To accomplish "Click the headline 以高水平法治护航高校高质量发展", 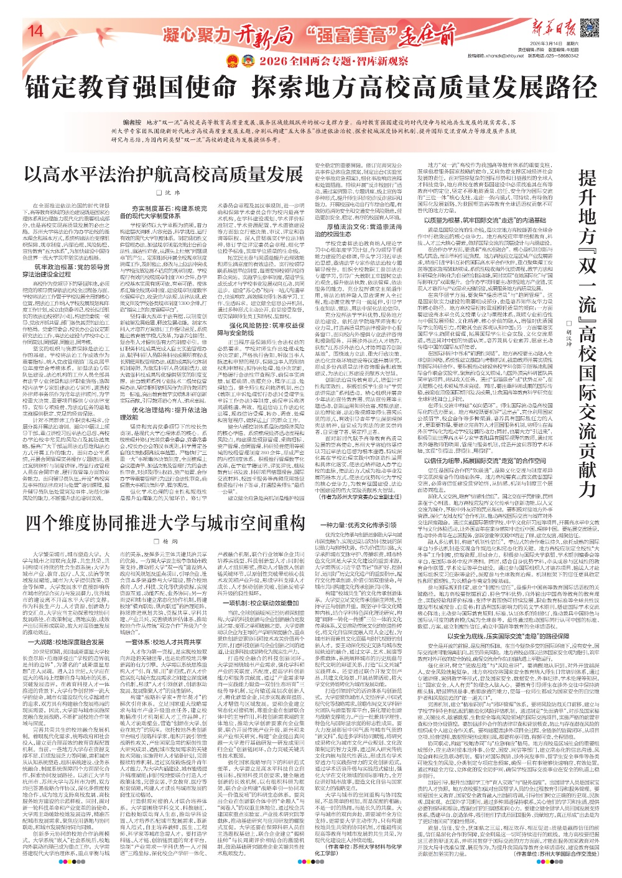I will (155, 174).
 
